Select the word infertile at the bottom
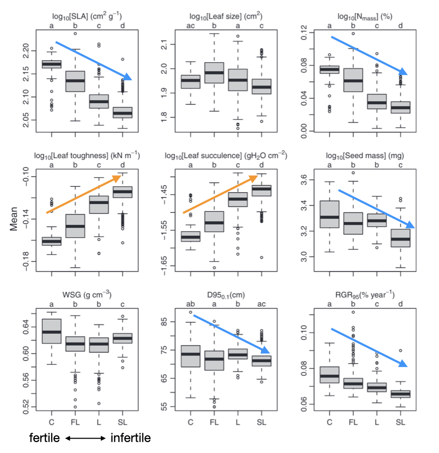130,438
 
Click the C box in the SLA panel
51,64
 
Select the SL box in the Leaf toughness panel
123,192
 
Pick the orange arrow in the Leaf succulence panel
221,194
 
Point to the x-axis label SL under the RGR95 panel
400,422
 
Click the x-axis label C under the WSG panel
51,422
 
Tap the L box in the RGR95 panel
376,387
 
